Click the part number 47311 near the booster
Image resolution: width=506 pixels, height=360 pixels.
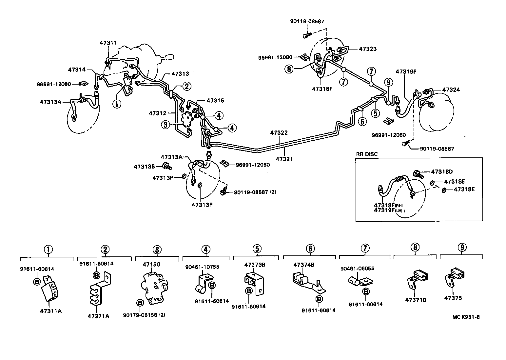108,43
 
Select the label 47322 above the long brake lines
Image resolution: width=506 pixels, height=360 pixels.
279,133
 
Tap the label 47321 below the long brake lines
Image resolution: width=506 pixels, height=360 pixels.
284,159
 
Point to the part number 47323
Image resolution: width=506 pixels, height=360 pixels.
368,49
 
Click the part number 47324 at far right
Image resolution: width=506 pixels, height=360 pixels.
451,90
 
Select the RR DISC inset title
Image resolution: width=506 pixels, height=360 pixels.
367,154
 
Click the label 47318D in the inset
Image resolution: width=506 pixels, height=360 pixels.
441,171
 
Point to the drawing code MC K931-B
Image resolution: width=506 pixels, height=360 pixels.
466,317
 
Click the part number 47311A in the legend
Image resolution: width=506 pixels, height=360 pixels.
50,311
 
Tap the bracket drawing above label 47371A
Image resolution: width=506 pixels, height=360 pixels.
100,289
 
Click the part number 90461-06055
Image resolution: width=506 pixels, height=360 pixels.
357,269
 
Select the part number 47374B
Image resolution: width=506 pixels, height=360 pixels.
304,265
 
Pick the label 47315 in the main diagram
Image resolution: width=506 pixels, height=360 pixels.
215,101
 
